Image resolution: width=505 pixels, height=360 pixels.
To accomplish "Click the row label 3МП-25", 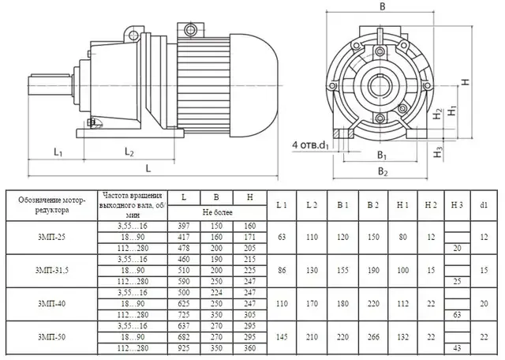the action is [x=51, y=237].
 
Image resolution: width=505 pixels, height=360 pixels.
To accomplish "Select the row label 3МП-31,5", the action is [x=51, y=271].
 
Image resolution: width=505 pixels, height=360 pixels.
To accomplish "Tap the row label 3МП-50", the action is [x=51, y=337].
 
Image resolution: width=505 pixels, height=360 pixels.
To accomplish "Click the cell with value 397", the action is [x=184, y=227].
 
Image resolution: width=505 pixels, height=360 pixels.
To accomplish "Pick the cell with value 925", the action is [x=184, y=348].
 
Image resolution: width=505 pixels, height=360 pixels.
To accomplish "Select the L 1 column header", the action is [x=282, y=204].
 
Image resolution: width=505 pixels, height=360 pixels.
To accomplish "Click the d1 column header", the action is [x=484, y=204].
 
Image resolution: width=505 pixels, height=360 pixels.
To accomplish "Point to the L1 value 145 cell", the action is [x=282, y=337].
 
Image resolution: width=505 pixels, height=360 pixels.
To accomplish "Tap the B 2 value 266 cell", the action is [x=373, y=337].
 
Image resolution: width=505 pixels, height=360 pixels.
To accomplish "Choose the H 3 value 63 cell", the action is [x=457, y=314].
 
